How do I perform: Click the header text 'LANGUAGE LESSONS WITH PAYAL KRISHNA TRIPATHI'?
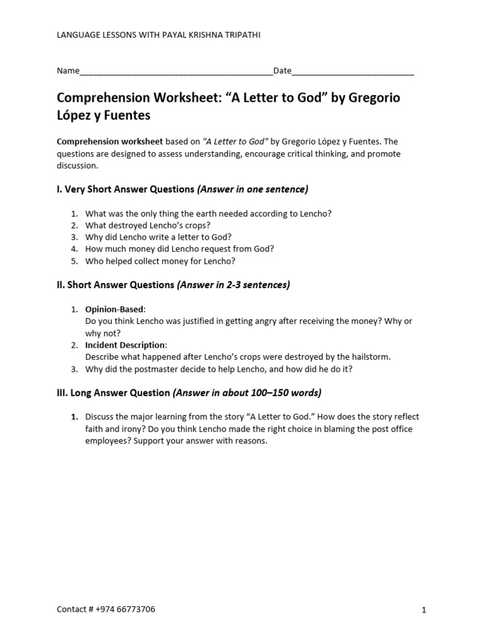tap(158, 35)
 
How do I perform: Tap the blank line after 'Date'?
tap(353, 72)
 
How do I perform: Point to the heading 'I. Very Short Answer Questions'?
tap(126, 189)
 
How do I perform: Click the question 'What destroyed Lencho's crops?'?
tap(148, 225)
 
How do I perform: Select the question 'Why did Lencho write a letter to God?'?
tap(158, 237)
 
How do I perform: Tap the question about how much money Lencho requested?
tap(179, 249)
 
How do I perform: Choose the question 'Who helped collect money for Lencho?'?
tap(160, 261)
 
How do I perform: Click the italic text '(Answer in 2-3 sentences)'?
tap(233, 285)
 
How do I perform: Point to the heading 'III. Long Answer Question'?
tap(113, 393)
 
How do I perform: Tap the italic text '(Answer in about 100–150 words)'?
tap(247, 393)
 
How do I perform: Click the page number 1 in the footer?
tap(424, 610)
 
